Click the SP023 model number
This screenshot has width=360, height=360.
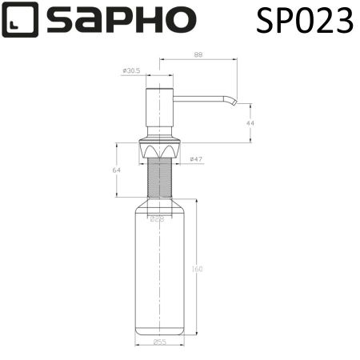coord(304,21)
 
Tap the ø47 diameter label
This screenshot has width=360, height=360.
coord(195,160)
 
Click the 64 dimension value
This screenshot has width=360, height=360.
coord(116,170)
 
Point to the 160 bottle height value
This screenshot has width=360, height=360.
coord(197,269)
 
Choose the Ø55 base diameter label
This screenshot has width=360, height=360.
coord(159,343)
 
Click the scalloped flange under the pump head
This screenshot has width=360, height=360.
coord(159,149)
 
